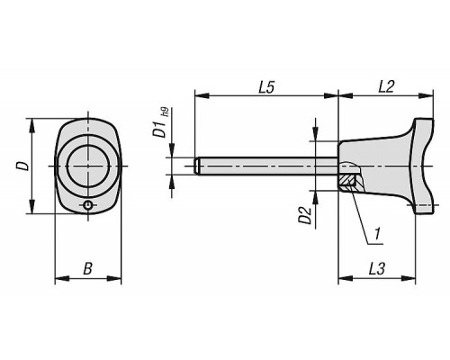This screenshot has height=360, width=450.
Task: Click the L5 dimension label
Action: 266,87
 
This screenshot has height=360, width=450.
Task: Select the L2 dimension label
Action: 386,86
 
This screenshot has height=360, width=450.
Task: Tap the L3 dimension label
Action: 376,269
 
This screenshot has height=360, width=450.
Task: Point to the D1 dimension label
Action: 158,130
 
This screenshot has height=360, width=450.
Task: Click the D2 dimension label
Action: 305,215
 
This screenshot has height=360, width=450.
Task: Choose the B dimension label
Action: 87,269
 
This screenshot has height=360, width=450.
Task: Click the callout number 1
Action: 377,234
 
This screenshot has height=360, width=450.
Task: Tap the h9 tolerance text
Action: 165,112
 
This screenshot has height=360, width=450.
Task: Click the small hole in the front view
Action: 87,205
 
